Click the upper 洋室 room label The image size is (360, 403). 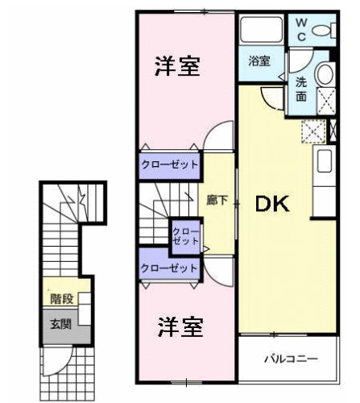click(x=177, y=66)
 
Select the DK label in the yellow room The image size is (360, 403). click(x=272, y=205)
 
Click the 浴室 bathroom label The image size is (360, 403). click(x=259, y=61)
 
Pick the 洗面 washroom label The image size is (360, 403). click(x=300, y=89)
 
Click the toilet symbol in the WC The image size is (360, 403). click(x=324, y=31)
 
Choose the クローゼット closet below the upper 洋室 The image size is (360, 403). click(x=170, y=164)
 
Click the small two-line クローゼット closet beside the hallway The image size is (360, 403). click(x=184, y=236)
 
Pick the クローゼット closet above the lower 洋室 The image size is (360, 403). click(x=169, y=268)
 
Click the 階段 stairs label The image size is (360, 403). click(x=62, y=298)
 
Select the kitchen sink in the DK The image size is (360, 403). click(x=325, y=160)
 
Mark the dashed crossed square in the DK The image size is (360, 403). click(x=312, y=131)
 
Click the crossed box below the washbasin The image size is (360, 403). click(x=326, y=101)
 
